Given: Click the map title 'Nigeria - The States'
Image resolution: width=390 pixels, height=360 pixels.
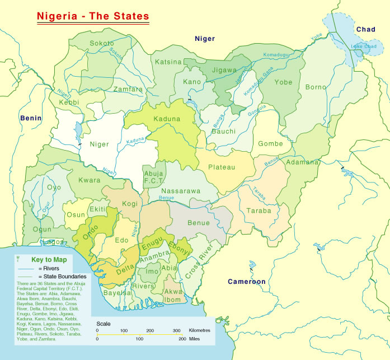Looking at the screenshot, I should coord(93,16).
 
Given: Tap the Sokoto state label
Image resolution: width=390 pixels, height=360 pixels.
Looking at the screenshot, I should coord(102,43).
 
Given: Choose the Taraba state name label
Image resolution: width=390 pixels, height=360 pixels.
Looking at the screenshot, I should coord(259,211).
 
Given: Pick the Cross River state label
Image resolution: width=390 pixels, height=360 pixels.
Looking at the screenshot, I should coord(199,261).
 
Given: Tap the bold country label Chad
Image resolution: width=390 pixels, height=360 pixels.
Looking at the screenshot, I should coord(365,29).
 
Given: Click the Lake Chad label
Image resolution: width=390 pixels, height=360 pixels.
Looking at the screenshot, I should coord(361,45).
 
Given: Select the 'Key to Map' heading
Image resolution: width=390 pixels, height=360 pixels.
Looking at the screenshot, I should coord(49,260).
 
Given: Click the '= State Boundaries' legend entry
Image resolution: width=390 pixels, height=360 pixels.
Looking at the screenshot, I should coord(62,277).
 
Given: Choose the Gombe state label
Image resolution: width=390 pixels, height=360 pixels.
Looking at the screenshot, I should coord(270,144).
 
